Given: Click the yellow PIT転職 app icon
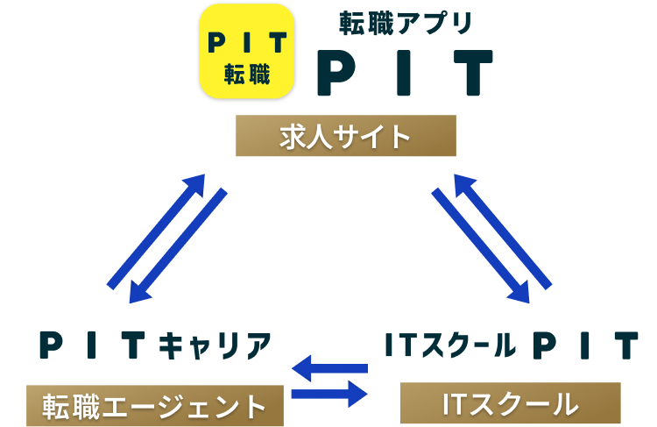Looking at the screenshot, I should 246,53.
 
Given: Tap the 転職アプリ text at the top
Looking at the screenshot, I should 406,24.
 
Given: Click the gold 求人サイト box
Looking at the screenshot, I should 346,136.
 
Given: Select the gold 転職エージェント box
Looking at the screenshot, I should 155,406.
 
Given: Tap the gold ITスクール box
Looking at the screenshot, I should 511,403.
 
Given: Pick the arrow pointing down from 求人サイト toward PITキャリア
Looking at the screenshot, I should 178,246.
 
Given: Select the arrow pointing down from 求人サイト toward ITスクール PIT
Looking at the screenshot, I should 480,246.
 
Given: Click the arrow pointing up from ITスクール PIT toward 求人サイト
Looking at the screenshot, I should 502,231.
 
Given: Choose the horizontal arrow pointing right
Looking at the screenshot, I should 329,394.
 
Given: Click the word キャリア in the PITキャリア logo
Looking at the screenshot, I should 215,346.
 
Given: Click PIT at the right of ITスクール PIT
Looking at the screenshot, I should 585,346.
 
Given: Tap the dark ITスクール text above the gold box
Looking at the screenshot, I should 450,346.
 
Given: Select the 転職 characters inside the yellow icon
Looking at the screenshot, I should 246,74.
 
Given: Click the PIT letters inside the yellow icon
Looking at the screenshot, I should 246,42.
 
